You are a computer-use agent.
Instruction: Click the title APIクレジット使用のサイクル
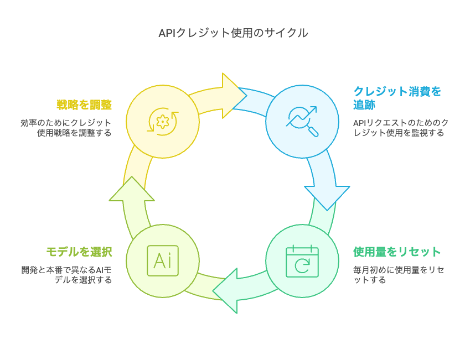click(x=233, y=33)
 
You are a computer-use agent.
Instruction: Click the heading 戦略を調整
click(x=84, y=105)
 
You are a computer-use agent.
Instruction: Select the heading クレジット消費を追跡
click(x=397, y=98)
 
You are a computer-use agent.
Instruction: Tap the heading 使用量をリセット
click(x=397, y=252)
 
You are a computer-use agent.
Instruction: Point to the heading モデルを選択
click(x=79, y=252)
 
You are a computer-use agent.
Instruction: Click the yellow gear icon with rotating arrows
click(x=162, y=122)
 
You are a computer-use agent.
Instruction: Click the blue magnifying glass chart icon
click(x=302, y=121)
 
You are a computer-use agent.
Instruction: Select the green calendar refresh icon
click(x=302, y=260)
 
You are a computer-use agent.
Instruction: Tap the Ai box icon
click(x=162, y=260)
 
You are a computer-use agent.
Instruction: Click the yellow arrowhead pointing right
click(x=232, y=95)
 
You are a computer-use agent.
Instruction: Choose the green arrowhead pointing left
click(x=227, y=290)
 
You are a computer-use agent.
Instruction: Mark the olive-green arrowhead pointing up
click(x=131, y=189)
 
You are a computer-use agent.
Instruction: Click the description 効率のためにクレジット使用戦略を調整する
click(x=66, y=128)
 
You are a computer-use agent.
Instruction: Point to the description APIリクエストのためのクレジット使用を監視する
click(x=401, y=128)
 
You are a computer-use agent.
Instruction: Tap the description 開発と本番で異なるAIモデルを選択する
click(x=66, y=275)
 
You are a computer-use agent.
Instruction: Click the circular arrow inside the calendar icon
click(x=302, y=266)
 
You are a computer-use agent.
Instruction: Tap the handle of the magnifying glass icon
click(x=313, y=132)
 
